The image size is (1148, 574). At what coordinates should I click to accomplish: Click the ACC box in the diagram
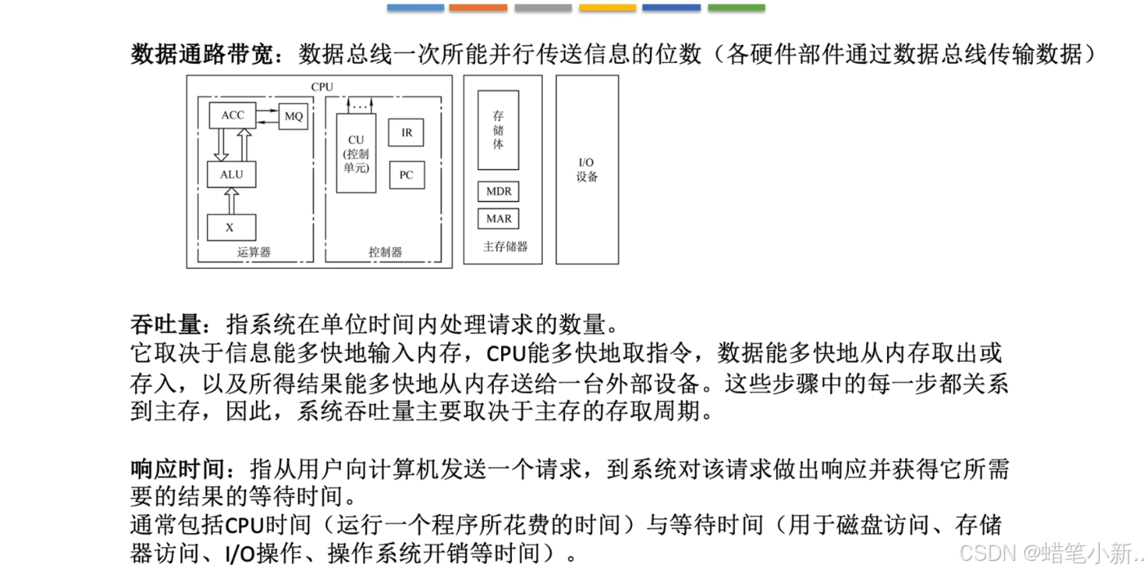[232, 115]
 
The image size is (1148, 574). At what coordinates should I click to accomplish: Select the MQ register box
[294, 116]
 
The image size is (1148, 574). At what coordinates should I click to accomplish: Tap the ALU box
[231, 174]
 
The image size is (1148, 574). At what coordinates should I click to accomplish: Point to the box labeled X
[231, 227]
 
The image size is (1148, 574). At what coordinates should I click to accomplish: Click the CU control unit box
[356, 153]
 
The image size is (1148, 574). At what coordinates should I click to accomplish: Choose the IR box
[406, 132]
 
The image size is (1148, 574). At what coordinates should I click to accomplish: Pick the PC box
[406, 175]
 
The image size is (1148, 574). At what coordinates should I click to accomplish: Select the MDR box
[498, 191]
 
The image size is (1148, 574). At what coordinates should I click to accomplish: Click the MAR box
[498, 218]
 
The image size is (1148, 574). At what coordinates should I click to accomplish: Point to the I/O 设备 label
[587, 170]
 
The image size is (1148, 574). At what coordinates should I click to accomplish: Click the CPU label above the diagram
[322, 87]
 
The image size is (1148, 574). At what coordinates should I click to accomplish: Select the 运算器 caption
[254, 252]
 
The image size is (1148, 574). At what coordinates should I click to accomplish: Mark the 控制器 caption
[385, 252]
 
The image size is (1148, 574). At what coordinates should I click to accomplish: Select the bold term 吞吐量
[166, 325]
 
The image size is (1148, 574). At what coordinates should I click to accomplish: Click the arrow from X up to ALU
[231, 200]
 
